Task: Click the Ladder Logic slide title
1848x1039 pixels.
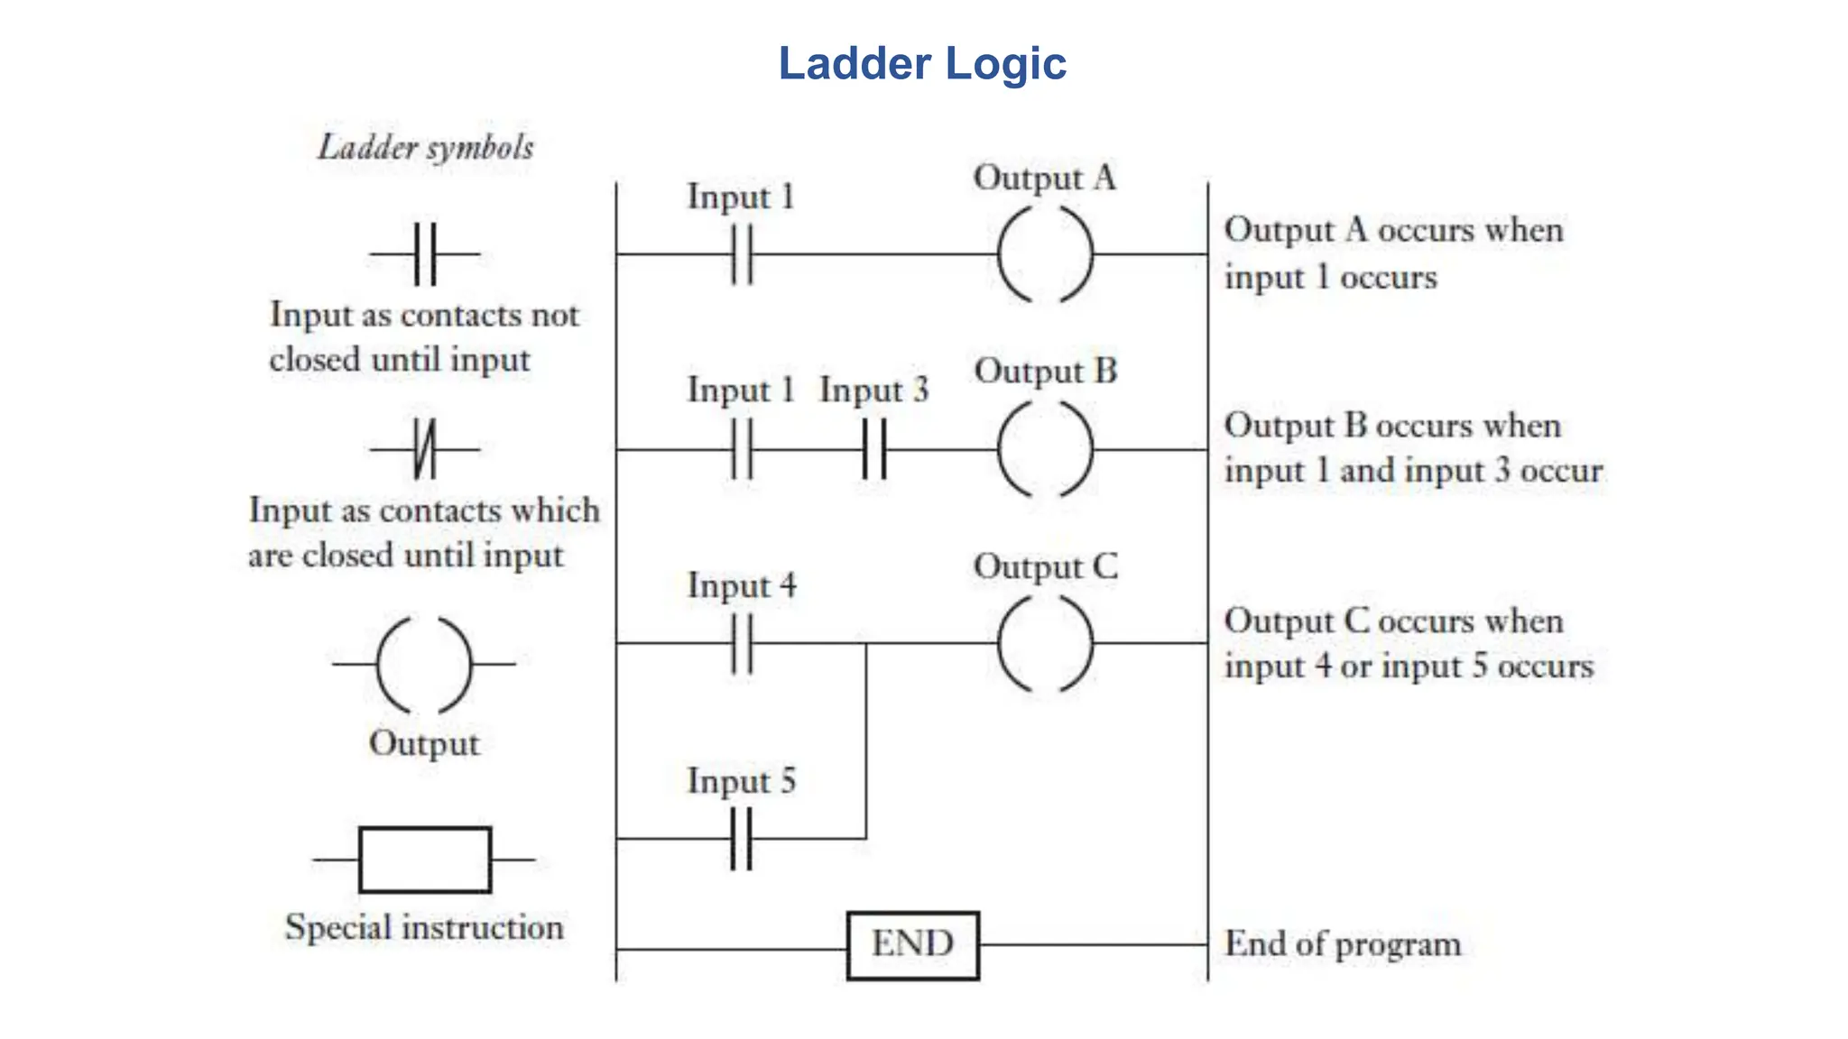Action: pos(922,64)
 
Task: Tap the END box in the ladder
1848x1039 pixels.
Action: pos(912,944)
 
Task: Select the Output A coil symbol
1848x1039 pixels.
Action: pos(1045,254)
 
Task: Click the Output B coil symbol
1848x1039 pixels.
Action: pos(1045,449)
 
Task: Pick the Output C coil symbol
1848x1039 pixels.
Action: pos(1045,644)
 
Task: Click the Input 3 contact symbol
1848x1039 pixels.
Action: pos(873,449)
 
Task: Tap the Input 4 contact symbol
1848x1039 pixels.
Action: pos(741,644)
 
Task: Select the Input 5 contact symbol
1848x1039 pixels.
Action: pos(741,839)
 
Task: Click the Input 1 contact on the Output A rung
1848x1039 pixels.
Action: pos(741,254)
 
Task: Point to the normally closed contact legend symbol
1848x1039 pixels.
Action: pos(424,448)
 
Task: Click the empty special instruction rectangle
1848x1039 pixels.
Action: pos(424,860)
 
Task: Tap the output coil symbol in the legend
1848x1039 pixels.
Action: pos(424,665)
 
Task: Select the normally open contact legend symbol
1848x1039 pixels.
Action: pos(424,254)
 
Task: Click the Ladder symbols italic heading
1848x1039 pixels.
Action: pos(425,147)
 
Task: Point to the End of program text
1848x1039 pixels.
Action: pos(1342,944)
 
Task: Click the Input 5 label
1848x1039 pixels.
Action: pos(741,781)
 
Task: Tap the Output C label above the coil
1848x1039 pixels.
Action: pos(1045,567)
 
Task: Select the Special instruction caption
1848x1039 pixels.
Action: pos(424,927)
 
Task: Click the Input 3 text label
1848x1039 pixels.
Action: pos(873,391)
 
